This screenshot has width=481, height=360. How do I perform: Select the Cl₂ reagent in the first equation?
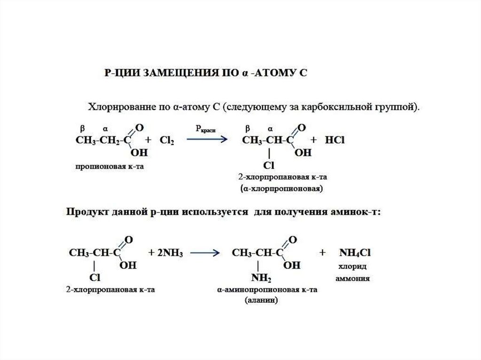(x=167, y=140)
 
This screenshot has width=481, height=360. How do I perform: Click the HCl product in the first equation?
(x=334, y=140)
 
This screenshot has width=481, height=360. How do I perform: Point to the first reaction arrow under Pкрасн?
(x=207, y=138)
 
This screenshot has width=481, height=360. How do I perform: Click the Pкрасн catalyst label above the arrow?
(x=205, y=128)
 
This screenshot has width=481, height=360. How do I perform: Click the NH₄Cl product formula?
(x=356, y=253)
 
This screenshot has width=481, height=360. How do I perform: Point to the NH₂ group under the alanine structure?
(x=261, y=279)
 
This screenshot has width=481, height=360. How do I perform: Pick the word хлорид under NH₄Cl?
(x=353, y=266)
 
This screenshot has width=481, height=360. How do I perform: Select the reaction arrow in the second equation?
(x=206, y=253)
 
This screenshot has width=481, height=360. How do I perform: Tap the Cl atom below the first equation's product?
(x=268, y=165)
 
